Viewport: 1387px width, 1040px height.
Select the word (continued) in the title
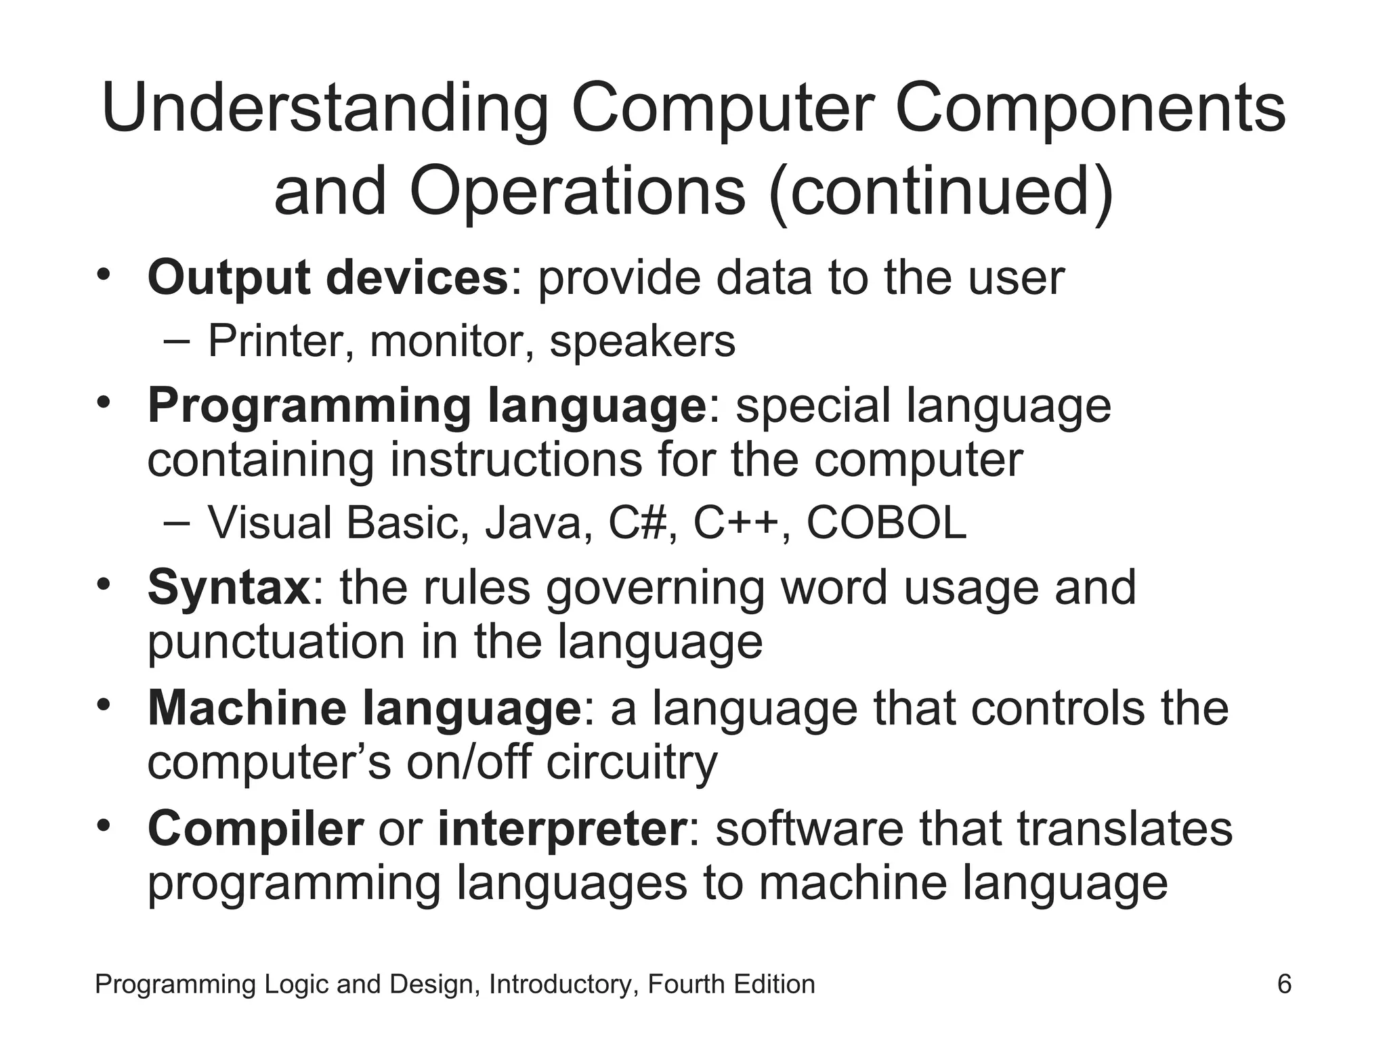click(941, 191)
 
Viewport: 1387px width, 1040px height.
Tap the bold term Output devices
click(327, 278)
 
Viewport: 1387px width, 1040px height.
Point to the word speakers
click(642, 342)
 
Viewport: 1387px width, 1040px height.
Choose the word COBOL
click(887, 523)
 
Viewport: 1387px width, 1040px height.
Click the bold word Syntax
click(229, 588)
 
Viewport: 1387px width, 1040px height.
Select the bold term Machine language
click(364, 708)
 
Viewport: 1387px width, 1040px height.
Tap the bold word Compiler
click(255, 829)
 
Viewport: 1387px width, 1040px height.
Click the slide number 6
click(1284, 984)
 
